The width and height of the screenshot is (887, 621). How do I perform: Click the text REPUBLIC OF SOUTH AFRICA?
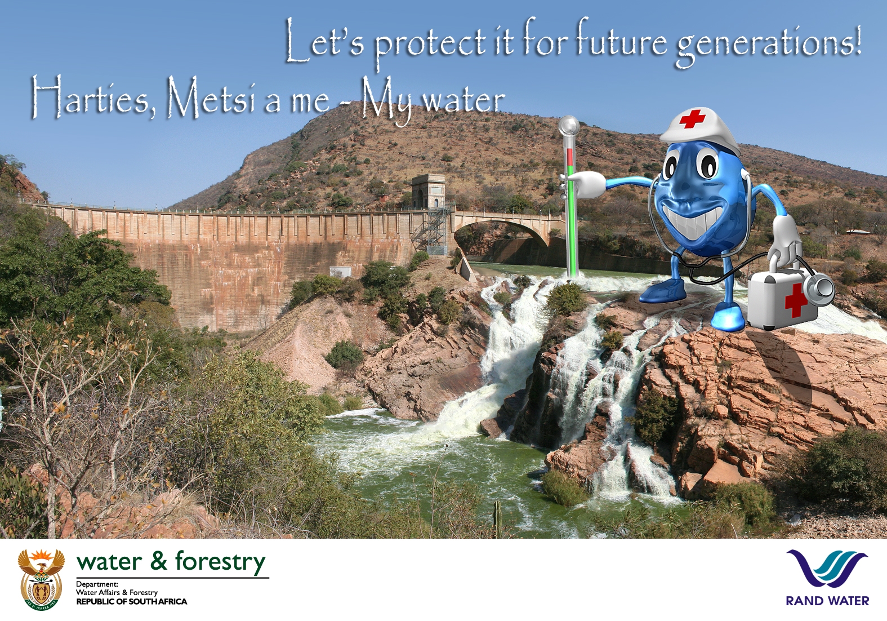click(131, 602)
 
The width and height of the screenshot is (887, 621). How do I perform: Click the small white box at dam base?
click(340, 272)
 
